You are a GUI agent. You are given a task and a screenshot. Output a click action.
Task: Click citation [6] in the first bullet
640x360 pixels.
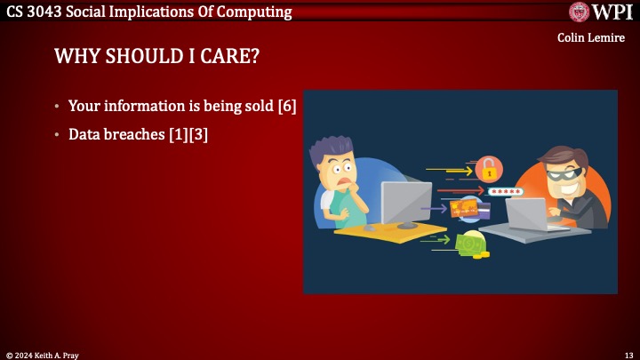pos(286,106)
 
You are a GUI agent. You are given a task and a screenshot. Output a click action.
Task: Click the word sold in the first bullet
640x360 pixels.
pos(258,106)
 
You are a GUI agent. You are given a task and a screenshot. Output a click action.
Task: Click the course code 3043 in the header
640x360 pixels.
pos(48,12)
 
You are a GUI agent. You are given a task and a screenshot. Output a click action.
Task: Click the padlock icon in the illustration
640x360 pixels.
pos(488,168)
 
